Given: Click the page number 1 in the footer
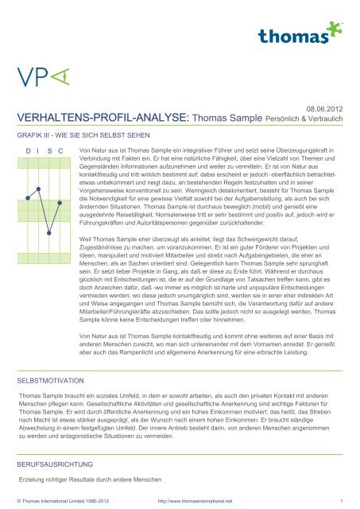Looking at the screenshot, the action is click(340, 501).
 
